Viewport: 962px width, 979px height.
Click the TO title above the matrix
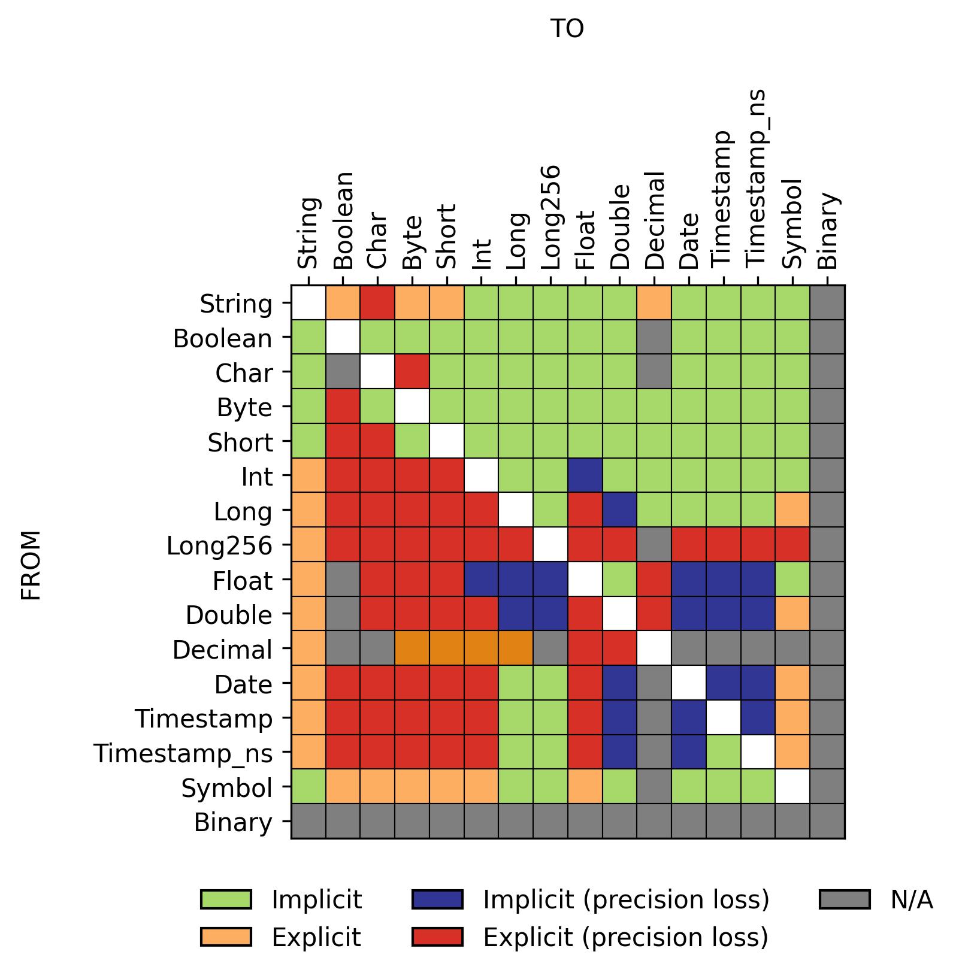point(566,29)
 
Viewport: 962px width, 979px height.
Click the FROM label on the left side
point(31,565)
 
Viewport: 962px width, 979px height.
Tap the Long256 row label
point(219,545)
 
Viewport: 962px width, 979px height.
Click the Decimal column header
point(655,220)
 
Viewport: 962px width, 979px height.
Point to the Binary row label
point(233,823)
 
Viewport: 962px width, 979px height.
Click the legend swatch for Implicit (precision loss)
point(437,899)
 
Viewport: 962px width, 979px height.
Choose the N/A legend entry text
point(911,899)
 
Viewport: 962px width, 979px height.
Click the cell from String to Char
point(377,302)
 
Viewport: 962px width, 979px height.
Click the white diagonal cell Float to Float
point(585,579)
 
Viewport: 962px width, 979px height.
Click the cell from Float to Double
point(619,579)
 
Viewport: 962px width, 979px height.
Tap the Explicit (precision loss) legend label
point(625,937)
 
